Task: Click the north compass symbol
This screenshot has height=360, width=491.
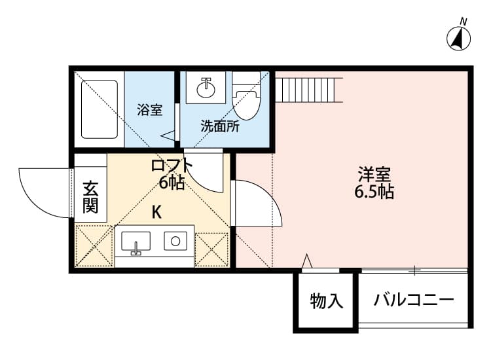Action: (460, 39)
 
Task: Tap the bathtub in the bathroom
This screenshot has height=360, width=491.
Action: (100, 109)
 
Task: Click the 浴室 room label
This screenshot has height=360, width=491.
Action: (150, 110)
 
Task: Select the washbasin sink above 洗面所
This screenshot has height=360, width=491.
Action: (207, 88)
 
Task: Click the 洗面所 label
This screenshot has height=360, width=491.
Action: (220, 126)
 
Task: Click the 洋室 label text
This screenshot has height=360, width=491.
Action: (374, 175)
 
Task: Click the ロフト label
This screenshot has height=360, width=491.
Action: (172, 165)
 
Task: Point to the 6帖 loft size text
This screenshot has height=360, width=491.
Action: (172, 183)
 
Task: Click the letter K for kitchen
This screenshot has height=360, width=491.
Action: (157, 212)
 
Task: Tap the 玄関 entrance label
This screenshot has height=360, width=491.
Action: (90, 196)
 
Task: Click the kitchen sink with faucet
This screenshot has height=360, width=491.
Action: (136, 242)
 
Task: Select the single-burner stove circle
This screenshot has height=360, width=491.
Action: (175, 241)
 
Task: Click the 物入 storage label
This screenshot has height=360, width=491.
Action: (326, 301)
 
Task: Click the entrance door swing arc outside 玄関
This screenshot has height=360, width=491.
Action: (41, 190)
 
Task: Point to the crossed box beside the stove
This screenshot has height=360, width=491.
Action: (211, 249)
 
